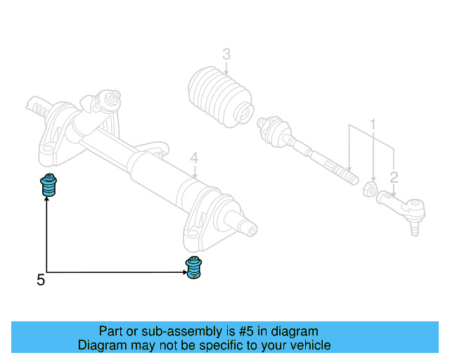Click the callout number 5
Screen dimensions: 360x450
(x=41, y=281)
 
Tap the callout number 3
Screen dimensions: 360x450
(x=226, y=54)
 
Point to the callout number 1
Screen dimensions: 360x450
(x=373, y=124)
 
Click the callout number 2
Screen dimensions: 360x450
(x=394, y=177)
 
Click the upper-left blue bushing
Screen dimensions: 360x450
(x=48, y=184)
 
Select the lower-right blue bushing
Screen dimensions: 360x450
(x=193, y=269)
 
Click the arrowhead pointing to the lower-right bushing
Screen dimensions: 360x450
(x=181, y=272)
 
